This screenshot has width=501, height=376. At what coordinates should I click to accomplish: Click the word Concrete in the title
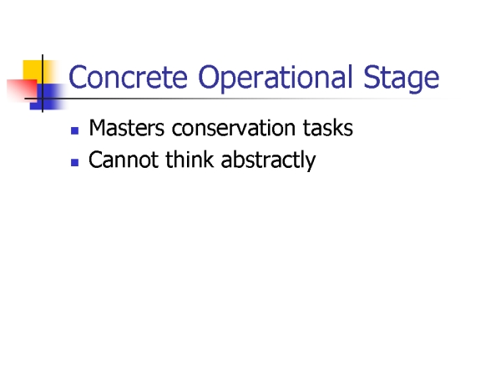point(128,77)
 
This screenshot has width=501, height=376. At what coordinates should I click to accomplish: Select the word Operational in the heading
point(275,79)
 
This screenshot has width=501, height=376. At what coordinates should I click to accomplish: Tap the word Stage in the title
point(402,79)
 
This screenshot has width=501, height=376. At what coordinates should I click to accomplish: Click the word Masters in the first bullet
point(127,128)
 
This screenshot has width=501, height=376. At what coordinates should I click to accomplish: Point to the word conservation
point(233,128)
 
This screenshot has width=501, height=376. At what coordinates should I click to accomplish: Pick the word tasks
point(328,128)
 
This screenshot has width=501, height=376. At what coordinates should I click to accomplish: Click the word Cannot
point(124,160)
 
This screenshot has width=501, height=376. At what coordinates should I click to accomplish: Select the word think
point(190,160)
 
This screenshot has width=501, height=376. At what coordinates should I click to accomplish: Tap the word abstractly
point(268,160)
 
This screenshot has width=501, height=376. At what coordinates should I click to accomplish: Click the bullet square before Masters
point(75,131)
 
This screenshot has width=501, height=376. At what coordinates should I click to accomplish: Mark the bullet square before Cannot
point(75,163)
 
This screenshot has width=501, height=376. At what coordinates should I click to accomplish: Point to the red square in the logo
point(22,89)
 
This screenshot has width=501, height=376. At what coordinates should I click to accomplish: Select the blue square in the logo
point(47,97)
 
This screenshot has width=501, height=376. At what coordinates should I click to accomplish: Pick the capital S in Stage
point(371,77)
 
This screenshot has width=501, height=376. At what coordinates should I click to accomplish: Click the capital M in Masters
point(97,128)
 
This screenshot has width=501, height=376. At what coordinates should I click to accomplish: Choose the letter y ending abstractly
point(311,164)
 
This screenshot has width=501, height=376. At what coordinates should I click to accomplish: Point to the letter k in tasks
point(339,128)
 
